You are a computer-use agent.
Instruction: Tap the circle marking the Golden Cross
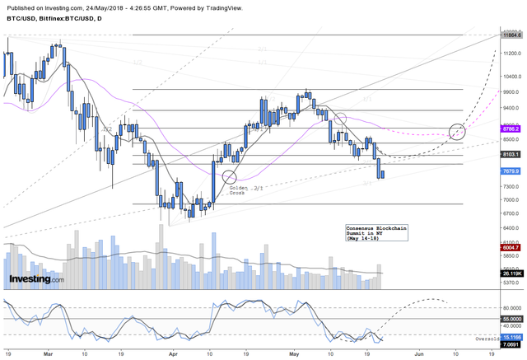pyautogui.click(x=229, y=175)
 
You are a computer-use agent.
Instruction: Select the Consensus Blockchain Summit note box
pyautogui.click(x=375, y=232)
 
